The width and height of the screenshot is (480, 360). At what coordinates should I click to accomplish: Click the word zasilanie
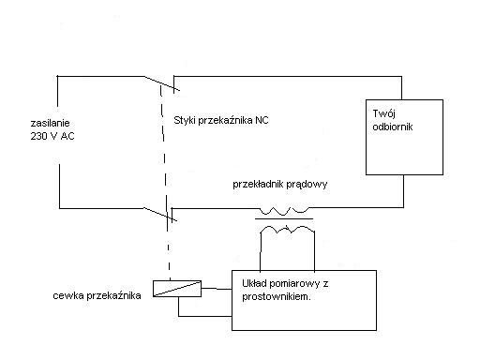coord(50,123)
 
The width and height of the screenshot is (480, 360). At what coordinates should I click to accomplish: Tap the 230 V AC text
coord(52,136)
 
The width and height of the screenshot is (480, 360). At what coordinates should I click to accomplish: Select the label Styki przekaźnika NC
coord(221,120)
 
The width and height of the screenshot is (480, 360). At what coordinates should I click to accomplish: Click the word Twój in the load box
coord(384,113)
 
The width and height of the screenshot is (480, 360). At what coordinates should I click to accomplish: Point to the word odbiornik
coord(393,127)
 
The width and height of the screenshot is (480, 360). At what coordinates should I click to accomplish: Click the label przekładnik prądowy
coord(280,184)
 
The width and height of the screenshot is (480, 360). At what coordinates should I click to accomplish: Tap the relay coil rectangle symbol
coord(177,289)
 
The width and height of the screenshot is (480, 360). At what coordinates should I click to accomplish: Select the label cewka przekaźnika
coord(97,295)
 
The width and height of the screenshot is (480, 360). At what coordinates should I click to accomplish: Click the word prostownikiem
coord(277,296)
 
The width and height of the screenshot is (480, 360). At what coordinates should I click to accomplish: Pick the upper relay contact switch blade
coord(162,83)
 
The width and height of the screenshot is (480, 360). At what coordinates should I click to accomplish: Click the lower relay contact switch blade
coord(160,215)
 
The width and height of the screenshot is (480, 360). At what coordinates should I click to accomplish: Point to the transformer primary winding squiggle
coord(284,211)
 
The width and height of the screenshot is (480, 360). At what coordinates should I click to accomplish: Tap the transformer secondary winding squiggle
coord(287,230)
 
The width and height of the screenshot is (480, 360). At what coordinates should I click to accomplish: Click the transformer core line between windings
coord(284,218)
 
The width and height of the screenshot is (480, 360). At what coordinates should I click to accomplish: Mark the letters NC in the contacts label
coord(262,120)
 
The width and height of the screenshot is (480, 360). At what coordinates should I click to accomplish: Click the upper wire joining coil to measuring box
coord(217,289)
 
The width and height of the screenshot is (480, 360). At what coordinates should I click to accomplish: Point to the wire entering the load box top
coord(401,88)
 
